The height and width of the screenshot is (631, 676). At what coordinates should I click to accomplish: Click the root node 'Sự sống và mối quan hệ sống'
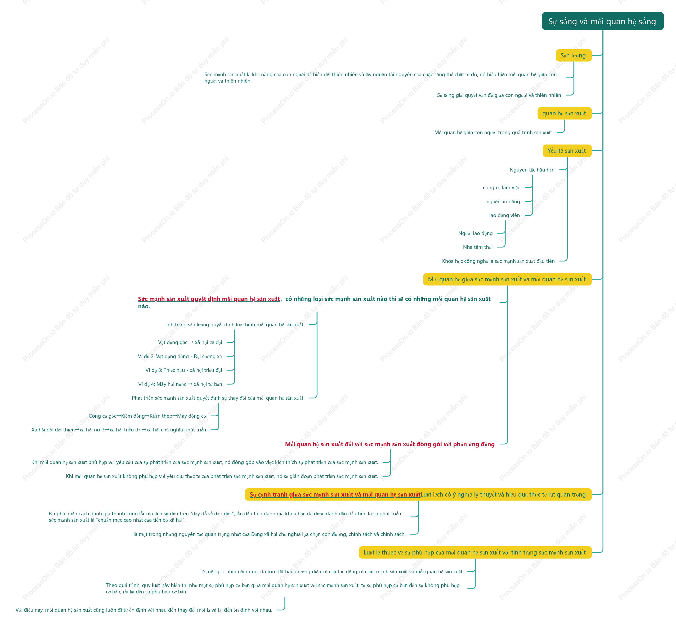[x=603, y=21]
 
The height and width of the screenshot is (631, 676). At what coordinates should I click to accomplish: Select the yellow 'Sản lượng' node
[x=573, y=55]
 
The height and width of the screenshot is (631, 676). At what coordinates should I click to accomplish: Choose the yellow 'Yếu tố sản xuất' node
[x=567, y=151]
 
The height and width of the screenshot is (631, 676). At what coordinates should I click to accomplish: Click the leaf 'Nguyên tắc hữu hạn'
[x=532, y=170]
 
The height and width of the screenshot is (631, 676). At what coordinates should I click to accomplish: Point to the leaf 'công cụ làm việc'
[x=501, y=187]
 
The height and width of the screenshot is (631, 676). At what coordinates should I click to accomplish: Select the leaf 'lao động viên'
[x=504, y=215]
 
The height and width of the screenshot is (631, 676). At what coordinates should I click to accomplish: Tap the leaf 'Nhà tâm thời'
[x=477, y=247]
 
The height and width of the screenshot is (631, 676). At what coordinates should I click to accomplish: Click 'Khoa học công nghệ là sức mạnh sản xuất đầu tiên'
[x=498, y=261]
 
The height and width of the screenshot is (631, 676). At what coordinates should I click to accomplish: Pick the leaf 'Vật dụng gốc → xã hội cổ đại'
[x=190, y=342]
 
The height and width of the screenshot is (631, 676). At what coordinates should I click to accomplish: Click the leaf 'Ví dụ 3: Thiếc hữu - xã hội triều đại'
[x=183, y=370]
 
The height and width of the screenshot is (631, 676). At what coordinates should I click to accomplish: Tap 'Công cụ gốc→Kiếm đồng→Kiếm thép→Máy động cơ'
[x=147, y=416]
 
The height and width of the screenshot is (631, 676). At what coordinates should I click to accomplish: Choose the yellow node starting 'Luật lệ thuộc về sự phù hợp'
[x=475, y=552]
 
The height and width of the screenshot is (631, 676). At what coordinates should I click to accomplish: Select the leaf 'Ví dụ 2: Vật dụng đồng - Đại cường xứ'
[x=180, y=356]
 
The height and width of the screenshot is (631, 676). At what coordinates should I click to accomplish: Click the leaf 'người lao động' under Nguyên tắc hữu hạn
[x=503, y=202]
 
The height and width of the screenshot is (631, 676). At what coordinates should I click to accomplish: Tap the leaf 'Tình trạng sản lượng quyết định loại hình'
[x=234, y=325]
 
